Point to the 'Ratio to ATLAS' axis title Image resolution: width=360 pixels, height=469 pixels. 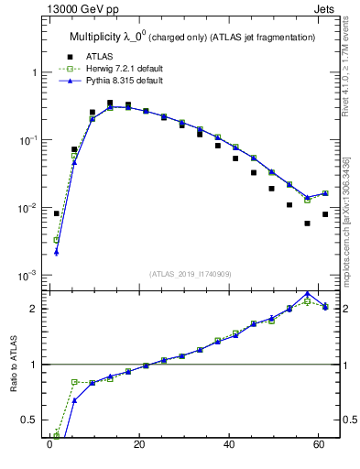coord(14,365)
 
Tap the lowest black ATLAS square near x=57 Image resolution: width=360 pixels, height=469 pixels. coord(307,224)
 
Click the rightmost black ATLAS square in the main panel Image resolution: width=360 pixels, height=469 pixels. coord(325,214)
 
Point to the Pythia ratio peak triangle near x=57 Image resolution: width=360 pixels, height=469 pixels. coord(307,294)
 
